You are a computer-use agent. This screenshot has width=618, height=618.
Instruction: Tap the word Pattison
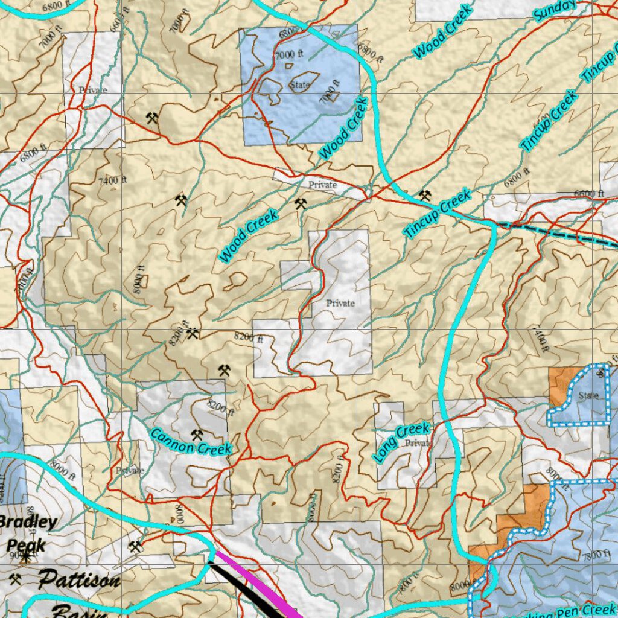(79, 581)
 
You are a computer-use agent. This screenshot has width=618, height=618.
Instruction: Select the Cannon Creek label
(191, 442)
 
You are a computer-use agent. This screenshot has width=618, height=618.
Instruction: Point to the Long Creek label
(401, 442)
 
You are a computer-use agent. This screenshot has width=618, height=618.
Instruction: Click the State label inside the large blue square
(299, 85)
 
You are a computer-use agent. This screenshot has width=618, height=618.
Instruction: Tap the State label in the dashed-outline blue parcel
(588, 396)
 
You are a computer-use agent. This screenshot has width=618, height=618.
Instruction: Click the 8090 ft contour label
(141, 281)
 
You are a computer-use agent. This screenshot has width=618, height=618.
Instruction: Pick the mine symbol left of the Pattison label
(15, 579)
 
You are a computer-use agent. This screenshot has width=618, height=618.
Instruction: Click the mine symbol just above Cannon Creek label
(197, 434)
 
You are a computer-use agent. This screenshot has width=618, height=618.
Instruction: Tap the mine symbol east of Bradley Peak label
(135, 547)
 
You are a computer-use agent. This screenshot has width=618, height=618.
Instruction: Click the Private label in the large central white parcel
(340, 303)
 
